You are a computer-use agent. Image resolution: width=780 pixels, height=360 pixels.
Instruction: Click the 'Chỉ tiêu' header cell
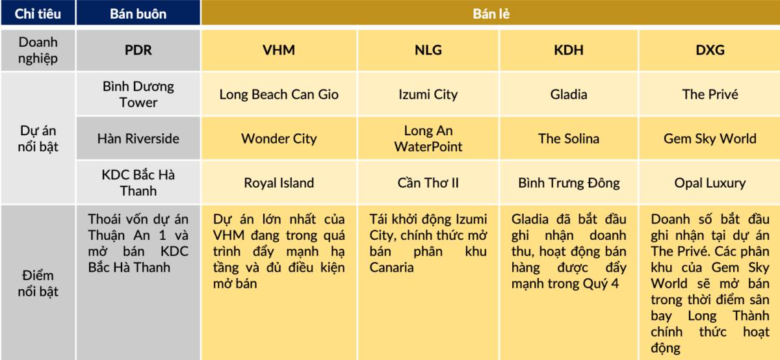[38, 14]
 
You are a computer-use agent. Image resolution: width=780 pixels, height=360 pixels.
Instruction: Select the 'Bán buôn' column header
[138, 14]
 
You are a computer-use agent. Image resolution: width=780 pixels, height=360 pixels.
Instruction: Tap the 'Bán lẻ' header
[491, 14]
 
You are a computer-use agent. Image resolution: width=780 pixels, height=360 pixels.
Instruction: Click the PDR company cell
[138, 50]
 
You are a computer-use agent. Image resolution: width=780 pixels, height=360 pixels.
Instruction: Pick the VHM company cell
[279, 50]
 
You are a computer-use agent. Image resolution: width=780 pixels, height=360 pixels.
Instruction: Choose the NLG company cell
[428, 50]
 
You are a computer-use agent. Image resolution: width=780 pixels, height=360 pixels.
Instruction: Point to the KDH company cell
[568, 50]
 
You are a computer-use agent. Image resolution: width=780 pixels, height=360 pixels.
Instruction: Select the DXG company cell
[710, 50]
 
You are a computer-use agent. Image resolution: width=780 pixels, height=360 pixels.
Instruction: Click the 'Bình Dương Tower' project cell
[138, 94]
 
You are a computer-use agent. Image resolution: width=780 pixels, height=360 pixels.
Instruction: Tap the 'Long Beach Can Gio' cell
[279, 94]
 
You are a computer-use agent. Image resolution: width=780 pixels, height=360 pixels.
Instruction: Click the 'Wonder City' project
[279, 138]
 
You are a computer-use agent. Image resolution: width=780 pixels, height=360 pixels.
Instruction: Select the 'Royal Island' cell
[279, 183]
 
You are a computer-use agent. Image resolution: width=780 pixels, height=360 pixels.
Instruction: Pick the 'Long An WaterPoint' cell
[428, 138]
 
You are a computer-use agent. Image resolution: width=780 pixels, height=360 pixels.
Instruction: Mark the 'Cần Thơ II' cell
[428, 183]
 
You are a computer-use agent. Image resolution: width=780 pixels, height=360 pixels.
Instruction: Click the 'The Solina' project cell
[568, 138]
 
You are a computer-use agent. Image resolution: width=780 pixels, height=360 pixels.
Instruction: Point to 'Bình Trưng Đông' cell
[568, 183]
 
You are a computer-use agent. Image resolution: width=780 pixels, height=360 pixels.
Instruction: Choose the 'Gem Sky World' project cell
[710, 138]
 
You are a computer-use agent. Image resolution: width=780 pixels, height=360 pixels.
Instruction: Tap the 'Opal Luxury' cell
[710, 183]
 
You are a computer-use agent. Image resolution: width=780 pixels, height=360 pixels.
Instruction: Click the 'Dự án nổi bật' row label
[38, 138]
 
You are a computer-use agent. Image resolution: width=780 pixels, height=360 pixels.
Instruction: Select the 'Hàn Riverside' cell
[138, 138]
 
